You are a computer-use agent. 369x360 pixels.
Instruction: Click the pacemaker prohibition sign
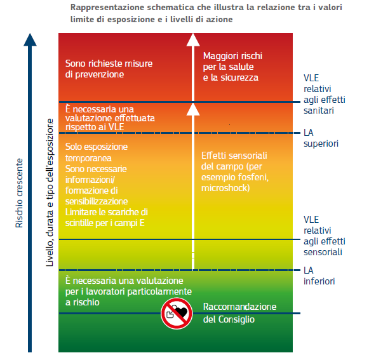click(x=177, y=314)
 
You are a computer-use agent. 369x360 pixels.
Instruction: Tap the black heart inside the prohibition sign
click(x=182, y=312)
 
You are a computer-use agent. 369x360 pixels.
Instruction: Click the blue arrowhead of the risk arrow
click(x=30, y=39)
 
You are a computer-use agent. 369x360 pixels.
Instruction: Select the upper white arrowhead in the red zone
click(x=193, y=39)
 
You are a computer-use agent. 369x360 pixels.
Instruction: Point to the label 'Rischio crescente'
click(x=19, y=193)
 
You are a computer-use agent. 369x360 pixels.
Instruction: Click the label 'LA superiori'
click(x=321, y=138)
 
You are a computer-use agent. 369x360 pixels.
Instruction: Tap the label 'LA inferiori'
click(x=319, y=276)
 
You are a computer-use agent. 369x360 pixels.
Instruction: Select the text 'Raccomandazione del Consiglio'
click(x=239, y=313)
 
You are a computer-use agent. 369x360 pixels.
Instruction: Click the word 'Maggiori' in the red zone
click(x=218, y=56)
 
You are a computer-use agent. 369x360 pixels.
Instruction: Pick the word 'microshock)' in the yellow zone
click(x=225, y=188)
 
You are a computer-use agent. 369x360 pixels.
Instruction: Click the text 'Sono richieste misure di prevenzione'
click(x=109, y=69)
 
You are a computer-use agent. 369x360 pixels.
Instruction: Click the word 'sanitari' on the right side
click(x=319, y=110)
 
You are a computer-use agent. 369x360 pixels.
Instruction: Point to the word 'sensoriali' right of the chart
click(x=323, y=252)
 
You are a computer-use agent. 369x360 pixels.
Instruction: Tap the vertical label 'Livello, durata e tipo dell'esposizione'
click(x=50, y=192)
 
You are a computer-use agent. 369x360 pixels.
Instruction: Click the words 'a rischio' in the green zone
click(x=83, y=302)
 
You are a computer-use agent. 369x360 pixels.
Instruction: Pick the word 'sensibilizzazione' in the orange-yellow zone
click(x=97, y=201)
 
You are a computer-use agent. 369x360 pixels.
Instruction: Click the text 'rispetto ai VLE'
click(x=95, y=127)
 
